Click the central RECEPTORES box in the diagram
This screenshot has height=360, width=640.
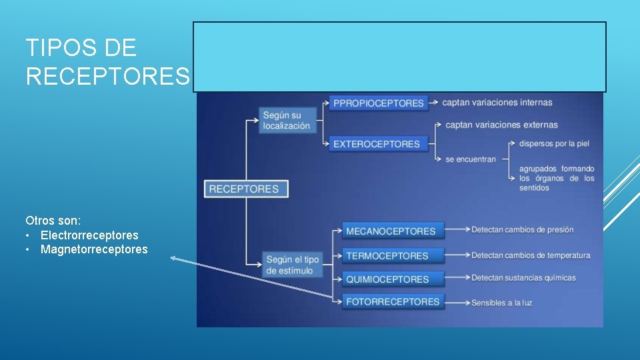click(x=246, y=189)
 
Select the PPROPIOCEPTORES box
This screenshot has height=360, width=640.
click(x=379, y=103)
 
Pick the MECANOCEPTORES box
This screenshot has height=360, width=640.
click(x=391, y=231)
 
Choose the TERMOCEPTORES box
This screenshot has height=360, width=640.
click(x=387, y=255)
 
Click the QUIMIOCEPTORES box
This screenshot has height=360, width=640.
click(x=387, y=279)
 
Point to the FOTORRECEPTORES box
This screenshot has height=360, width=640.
click(x=393, y=301)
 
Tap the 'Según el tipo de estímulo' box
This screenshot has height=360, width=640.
click(x=293, y=265)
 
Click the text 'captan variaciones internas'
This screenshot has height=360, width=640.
click(x=497, y=103)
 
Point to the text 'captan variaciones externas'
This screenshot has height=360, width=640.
click(x=501, y=125)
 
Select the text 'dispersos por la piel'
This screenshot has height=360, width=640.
click(x=554, y=143)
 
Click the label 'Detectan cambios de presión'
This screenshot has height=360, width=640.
click(x=522, y=230)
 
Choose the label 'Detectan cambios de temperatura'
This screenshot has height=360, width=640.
click(x=531, y=255)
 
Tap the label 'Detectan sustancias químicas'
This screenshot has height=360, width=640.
click(x=523, y=278)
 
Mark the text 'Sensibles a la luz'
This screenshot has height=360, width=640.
click(x=501, y=303)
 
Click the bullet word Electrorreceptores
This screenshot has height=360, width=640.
click(x=89, y=235)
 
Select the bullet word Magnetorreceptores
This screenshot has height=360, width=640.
click(x=94, y=249)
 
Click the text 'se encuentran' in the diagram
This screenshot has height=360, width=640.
click(x=471, y=160)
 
